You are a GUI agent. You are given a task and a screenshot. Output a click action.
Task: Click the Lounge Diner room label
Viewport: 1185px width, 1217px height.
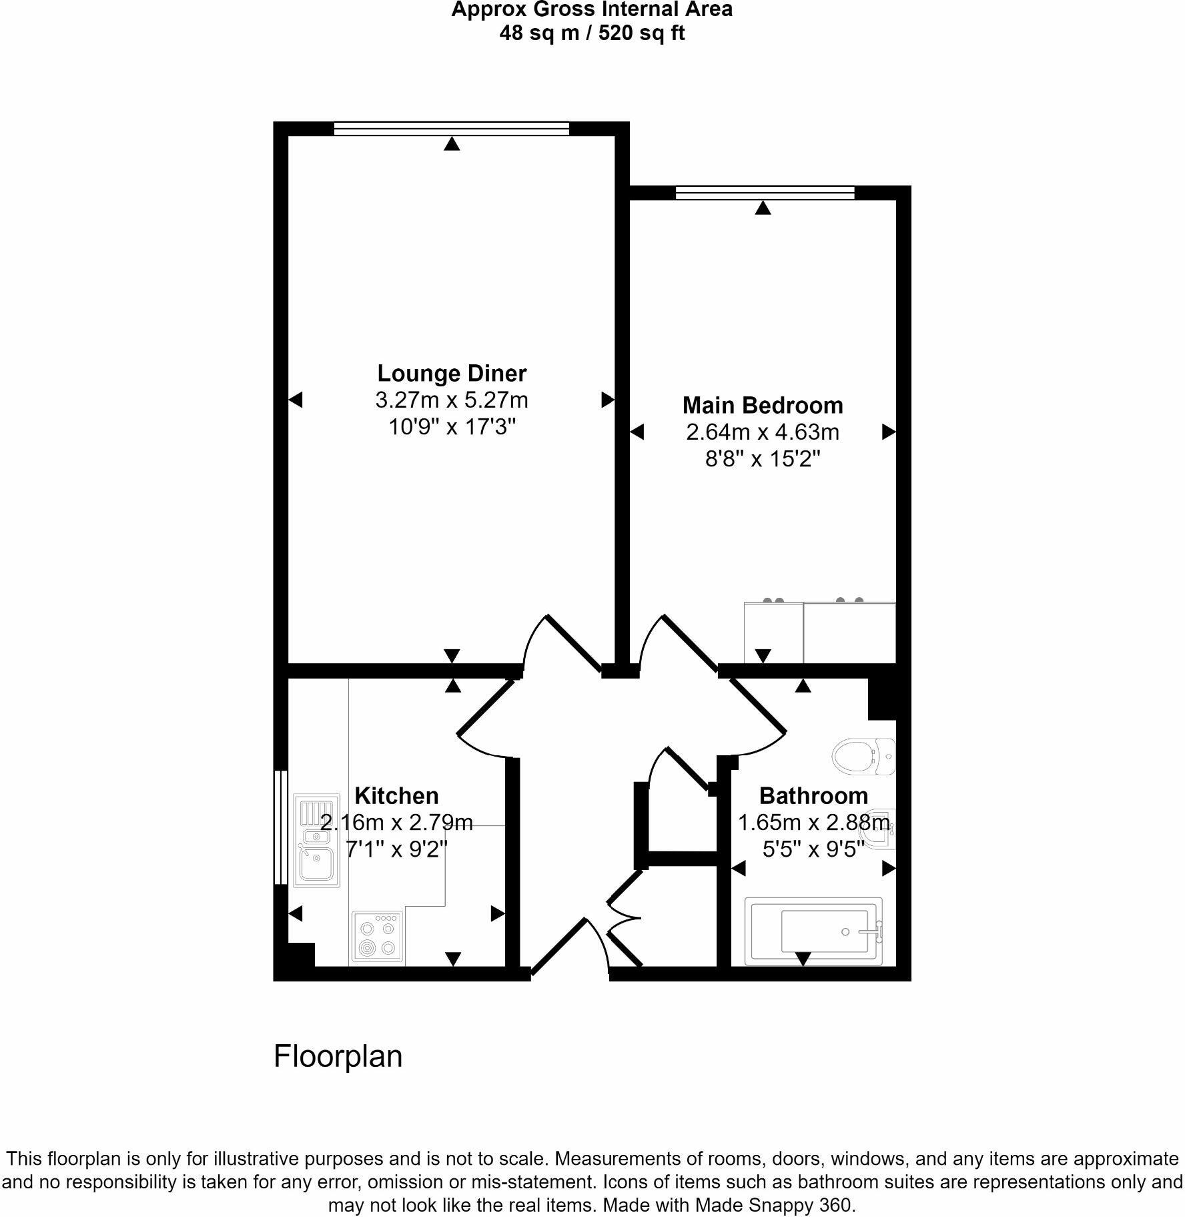[452, 373]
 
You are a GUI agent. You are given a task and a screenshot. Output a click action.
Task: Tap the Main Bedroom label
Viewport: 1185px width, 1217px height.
[763, 405]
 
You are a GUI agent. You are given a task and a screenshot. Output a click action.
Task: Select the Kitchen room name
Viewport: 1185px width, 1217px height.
[396, 795]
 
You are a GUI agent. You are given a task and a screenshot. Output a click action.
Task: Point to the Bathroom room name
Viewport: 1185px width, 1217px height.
[813, 795]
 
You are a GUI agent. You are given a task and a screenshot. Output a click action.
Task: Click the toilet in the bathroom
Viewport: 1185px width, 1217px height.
[863, 756]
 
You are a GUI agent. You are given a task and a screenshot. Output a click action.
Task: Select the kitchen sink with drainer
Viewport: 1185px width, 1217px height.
[317, 843]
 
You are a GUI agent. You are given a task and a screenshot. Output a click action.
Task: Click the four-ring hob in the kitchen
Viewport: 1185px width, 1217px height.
[378, 937]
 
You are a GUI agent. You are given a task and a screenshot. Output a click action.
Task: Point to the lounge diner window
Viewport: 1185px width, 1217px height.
[451, 128]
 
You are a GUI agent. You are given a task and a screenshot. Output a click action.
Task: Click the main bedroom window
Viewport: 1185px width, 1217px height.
[765, 193]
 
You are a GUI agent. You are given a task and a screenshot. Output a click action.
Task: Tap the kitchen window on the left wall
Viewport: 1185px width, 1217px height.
[280, 827]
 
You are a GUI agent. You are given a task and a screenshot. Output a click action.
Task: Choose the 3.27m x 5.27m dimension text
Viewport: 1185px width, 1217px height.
[452, 400]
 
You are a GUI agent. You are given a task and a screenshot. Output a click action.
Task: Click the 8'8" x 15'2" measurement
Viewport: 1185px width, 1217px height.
[763, 459]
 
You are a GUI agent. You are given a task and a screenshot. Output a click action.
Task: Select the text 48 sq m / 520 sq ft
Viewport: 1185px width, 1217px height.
[592, 33]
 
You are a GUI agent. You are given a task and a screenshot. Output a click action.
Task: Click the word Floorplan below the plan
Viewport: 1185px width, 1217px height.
[338, 1057]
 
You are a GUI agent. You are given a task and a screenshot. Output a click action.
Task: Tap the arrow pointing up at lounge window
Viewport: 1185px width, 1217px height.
[452, 143]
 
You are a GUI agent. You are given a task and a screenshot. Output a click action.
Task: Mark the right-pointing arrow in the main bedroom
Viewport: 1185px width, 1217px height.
[888, 432]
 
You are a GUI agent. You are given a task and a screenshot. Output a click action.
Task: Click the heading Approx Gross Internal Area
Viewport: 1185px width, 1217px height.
[592, 10]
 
